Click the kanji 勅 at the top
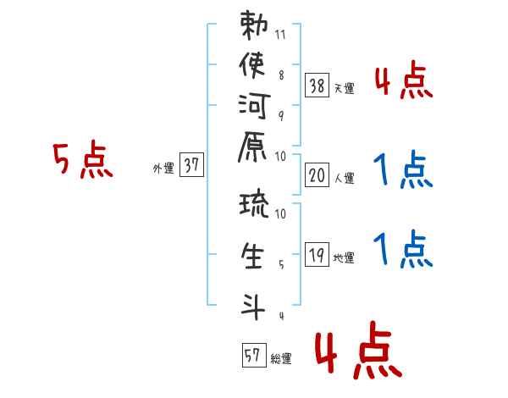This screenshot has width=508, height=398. click(x=254, y=25)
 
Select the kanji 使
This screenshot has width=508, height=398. click(x=252, y=65)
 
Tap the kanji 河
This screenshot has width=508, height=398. click(x=254, y=106)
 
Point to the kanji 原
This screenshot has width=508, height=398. click(x=252, y=146)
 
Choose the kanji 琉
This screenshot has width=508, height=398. click(x=254, y=203)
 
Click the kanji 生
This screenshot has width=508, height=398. click(x=252, y=256)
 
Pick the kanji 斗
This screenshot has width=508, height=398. click(x=252, y=307)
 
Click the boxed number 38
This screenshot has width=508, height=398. click(x=317, y=86)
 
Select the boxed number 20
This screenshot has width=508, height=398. click(x=317, y=175)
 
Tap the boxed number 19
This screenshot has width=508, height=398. click(x=317, y=254)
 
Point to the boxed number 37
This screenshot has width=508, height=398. click(x=191, y=164)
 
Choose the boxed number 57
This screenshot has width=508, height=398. click(x=254, y=355)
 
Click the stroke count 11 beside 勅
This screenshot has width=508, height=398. click(x=280, y=35)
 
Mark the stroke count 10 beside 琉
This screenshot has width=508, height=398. click(x=280, y=213)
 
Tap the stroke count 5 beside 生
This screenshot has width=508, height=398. click(x=281, y=264)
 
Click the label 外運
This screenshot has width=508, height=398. click(x=163, y=169)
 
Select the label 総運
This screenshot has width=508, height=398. click(x=281, y=359)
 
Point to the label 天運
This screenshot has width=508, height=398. click(x=345, y=88)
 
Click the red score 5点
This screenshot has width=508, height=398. click(x=83, y=159)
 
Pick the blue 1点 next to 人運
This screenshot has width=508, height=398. click(x=403, y=169)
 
